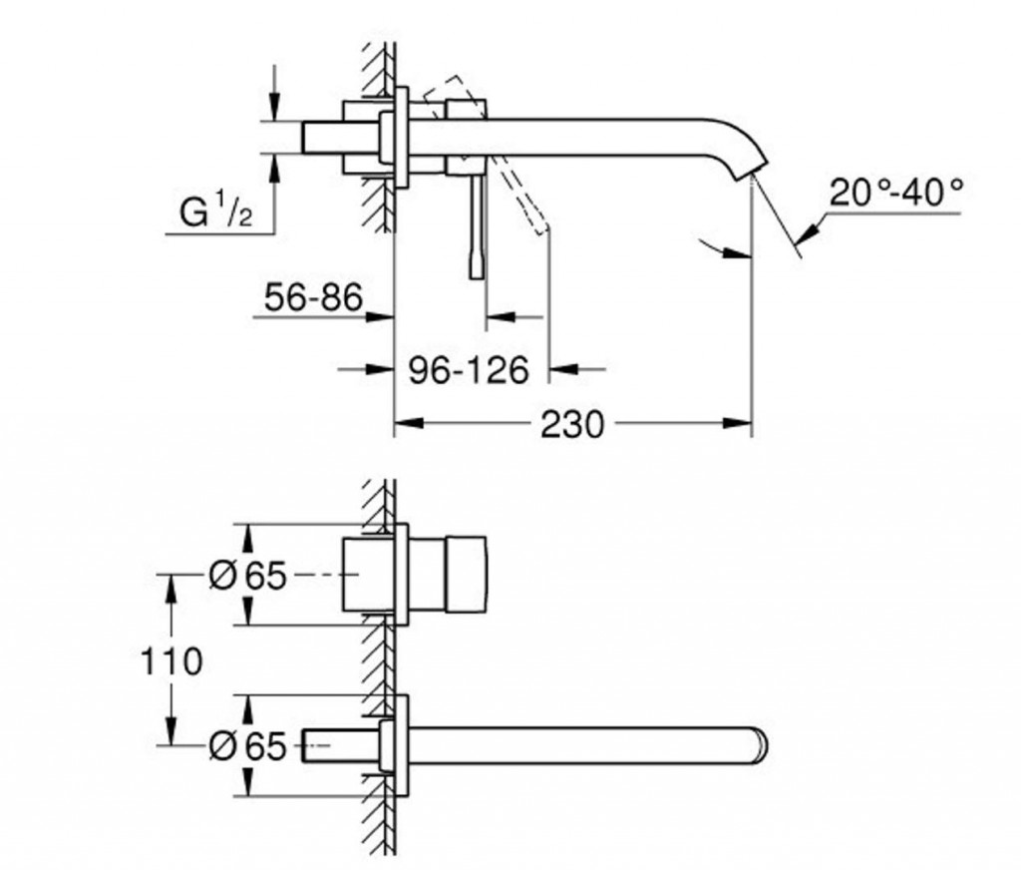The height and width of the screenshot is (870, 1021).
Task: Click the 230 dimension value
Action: (572, 425)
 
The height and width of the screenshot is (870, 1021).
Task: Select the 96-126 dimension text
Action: (469, 371)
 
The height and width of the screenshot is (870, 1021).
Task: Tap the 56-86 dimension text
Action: (313, 298)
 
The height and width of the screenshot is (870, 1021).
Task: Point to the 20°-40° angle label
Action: (895, 193)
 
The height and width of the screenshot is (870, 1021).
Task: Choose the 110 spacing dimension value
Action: (171, 662)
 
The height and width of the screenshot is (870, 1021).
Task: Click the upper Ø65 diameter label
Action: (248, 576)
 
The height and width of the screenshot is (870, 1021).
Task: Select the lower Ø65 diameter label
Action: (248, 745)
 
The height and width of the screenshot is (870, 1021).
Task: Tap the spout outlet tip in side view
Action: (749, 174)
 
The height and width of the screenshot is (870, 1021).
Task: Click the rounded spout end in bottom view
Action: (761, 744)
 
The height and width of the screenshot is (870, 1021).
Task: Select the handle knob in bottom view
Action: (467, 574)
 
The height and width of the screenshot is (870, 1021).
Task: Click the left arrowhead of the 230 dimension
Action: (409, 424)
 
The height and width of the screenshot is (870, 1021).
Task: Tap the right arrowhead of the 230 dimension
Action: (737, 424)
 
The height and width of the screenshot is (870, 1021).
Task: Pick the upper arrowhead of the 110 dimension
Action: (171, 589)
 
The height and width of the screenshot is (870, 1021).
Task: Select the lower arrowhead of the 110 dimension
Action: (171, 730)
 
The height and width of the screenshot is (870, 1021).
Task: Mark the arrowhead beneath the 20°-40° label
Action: (808, 235)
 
